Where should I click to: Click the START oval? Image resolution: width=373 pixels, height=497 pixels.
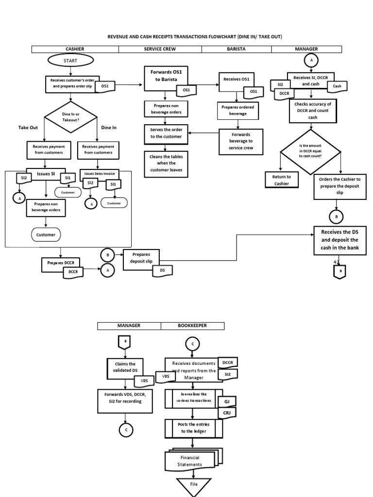click(x=70, y=61)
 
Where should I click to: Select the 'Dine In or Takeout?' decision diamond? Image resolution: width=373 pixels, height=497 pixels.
click(x=71, y=117)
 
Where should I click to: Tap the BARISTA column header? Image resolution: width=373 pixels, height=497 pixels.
click(x=237, y=49)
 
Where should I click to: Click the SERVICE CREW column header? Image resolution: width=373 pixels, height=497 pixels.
click(x=160, y=49)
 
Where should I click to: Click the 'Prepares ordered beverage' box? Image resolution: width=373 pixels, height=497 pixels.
click(x=237, y=110)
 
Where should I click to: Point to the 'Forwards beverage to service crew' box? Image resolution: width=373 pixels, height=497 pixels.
click(x=241, y=141)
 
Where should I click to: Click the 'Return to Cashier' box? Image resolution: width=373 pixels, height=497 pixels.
click(x=282, y=180)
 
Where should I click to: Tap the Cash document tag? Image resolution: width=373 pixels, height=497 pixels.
click(x=337, y=86)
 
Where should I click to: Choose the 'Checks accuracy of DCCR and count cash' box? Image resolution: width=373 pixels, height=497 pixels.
click(x=313, y=110)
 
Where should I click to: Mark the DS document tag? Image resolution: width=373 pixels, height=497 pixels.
click(x=162, y=269)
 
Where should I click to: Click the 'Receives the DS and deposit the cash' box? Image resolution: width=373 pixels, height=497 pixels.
click(x=339, y=240)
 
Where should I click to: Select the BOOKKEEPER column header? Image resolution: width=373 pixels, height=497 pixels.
click(x=192, y=326)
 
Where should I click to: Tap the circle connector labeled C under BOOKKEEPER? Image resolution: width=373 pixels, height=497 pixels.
click(x=192, y=344)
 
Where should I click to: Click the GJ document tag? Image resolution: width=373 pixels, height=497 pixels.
click(x=226, y=402)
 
